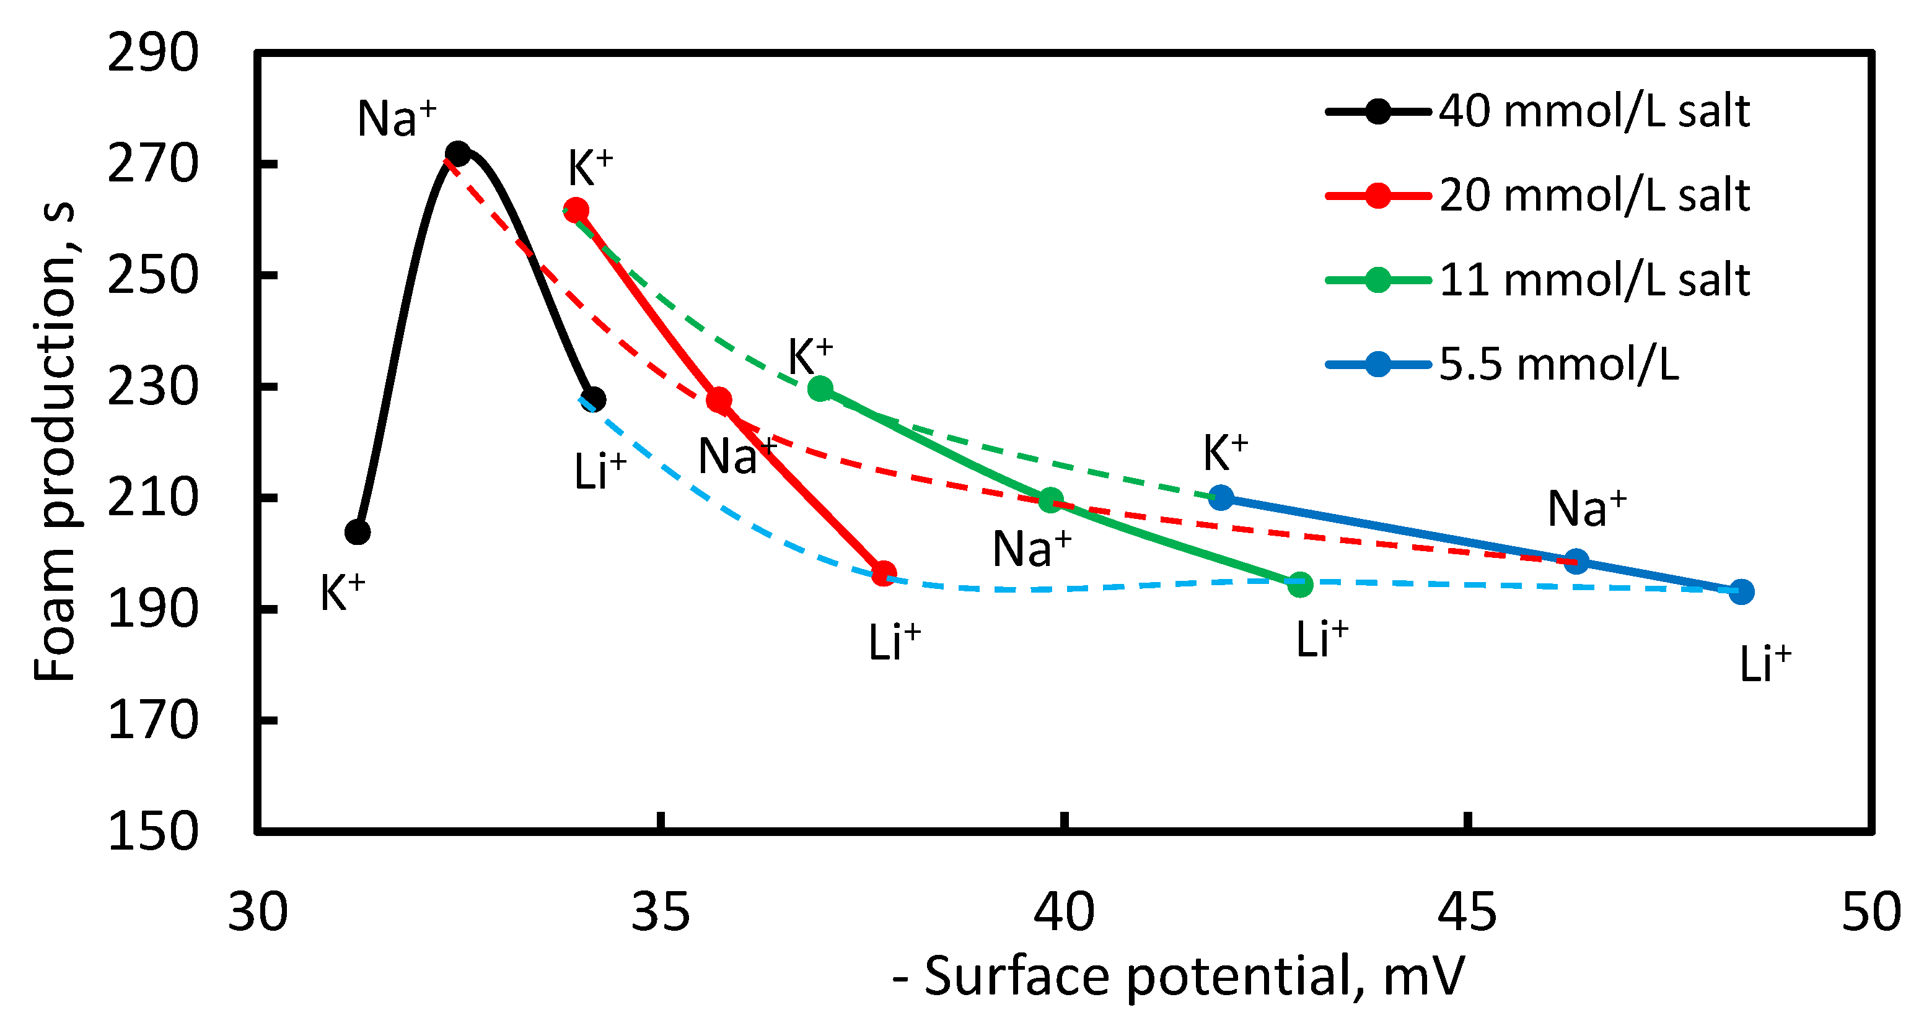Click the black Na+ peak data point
[459, 154]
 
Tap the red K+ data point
[576, 211]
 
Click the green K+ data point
[820, 388]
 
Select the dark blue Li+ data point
[1742, 591]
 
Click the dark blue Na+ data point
[1576, 561]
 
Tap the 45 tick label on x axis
[1467, 913]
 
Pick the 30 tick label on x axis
[257, 913]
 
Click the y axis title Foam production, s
[56, 441]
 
